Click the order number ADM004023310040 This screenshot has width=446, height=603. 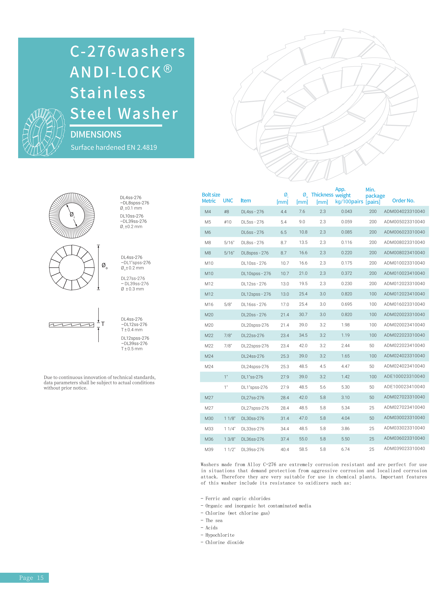[x=404, y=211]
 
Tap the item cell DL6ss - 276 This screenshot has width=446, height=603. [x=252, y=232]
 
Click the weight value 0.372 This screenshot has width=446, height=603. [x=346, y=273]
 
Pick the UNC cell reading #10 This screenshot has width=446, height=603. [x=228, y=222]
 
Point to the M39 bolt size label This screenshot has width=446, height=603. [x=209, y=449]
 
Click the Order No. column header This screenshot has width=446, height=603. [x=403, y=201]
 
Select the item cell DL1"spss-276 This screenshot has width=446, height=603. [x=254, y=387]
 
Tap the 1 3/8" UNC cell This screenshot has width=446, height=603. [x=229, y=439]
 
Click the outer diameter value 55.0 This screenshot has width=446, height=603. [x=303, y=439]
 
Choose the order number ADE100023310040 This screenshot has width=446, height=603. [x=404, y=376]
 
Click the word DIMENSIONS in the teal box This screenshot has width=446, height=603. [x=96, y=134]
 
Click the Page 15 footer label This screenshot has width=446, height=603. [x=31, y=578]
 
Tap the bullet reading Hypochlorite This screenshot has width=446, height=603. [x=220, y=535]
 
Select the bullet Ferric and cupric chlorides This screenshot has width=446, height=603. [x=238, y=498]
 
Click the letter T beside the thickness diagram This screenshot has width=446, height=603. [x=103, y=324]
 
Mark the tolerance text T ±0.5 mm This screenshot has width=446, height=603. [x=132, y=349]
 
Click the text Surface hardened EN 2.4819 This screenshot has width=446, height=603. [x=114, y=147]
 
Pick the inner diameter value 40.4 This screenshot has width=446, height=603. [x=285, y=449]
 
